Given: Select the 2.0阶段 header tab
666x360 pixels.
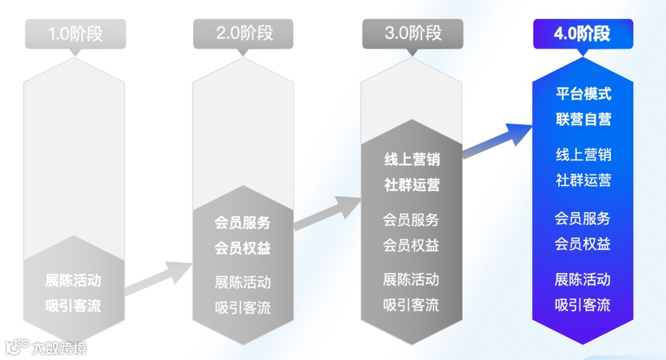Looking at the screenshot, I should click(x=244, y=34).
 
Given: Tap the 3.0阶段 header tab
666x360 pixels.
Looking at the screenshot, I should click(x=413, y=34).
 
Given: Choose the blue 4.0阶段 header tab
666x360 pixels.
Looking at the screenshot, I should click(x=582, y=34).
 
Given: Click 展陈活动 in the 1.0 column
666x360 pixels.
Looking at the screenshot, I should click(x=73, y=281).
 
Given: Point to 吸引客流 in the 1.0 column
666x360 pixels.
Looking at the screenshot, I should click(x=73, y=306).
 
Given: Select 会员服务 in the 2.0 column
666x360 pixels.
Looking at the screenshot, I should click(x=242, y=223).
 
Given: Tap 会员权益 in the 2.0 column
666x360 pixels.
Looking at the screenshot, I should click(x=242, y=248).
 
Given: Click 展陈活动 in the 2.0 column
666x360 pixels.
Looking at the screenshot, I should click(x=242, y=283).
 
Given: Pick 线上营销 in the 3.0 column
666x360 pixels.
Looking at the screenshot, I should click(x=412, y=159).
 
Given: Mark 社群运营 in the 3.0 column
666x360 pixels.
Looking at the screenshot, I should click(x=412, y=185).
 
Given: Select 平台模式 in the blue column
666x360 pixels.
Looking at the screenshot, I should click(x=583, y=94).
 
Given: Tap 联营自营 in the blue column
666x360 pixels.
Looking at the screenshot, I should click(x=583, y=120).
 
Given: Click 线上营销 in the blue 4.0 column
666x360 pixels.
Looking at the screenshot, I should click(x=583, y=155).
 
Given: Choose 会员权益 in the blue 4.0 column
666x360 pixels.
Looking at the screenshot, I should click(x=582, y=243).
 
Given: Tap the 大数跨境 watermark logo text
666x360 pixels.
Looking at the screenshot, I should click(x=59, y=348).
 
